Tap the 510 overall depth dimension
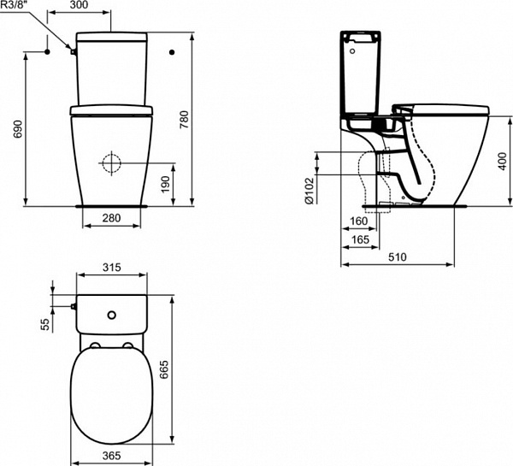click(x=398, y=256)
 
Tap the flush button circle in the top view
click(x=110, y=316)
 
